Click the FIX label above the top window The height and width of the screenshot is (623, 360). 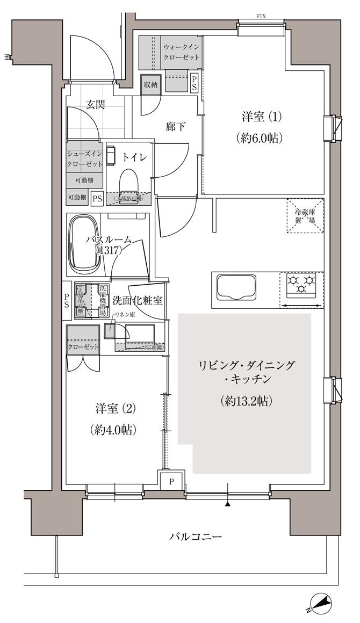pos(261,17)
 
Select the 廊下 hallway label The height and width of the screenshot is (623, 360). pos(176,127)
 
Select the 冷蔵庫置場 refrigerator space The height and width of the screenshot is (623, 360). pos(305,216)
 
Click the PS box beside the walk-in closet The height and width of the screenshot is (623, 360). pos(195,84)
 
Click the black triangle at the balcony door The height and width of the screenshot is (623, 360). pos(228,504)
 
